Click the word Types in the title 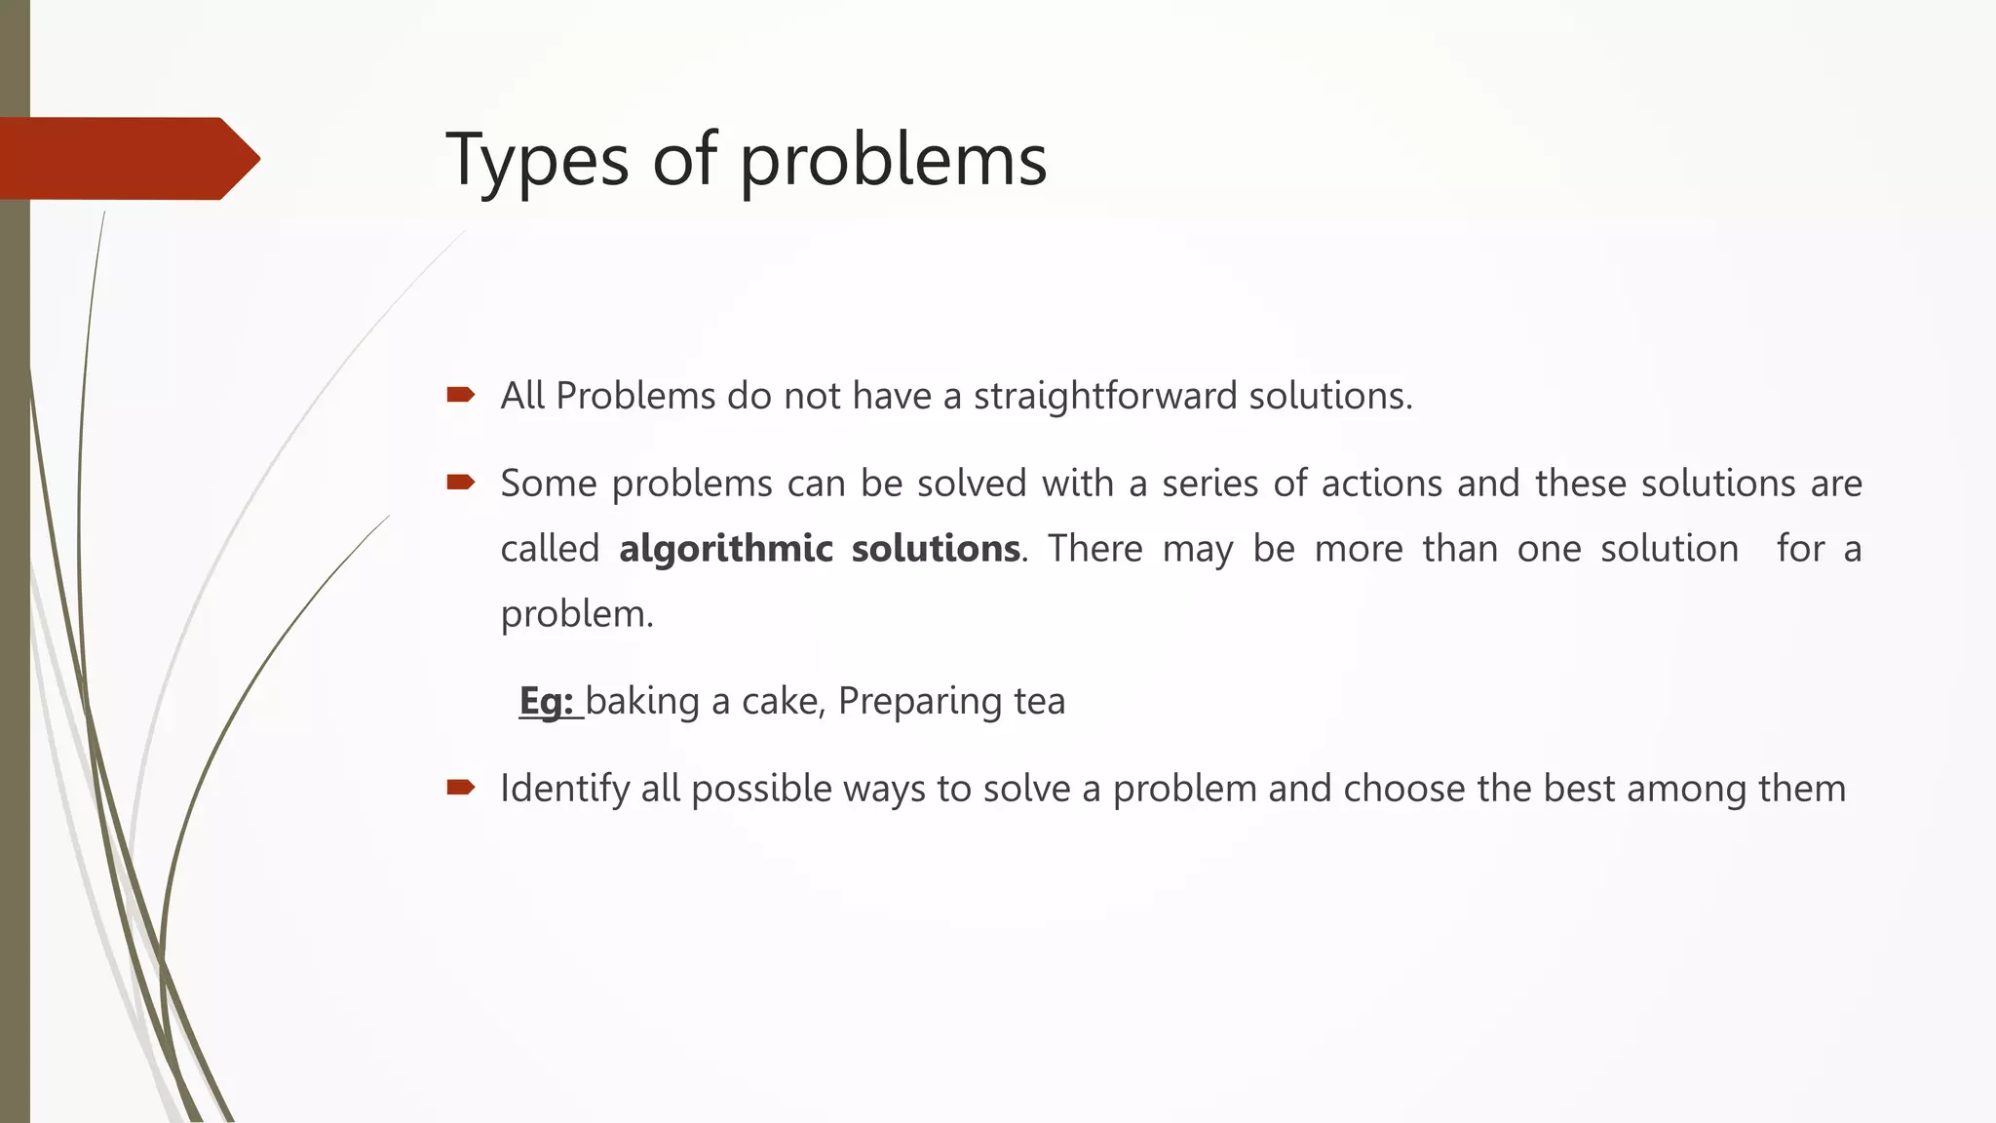coord(537,161)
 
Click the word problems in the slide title coord(893,161)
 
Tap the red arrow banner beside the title coord(127,159)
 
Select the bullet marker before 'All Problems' coord(460,395)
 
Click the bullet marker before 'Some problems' coord(460,482)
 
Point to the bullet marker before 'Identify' coord(460,787)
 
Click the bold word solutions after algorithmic coord(936,548)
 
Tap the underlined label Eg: coord(548,701)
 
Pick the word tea coord(1039,701)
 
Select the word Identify coord(564,789)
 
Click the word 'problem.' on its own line coord(577,614)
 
